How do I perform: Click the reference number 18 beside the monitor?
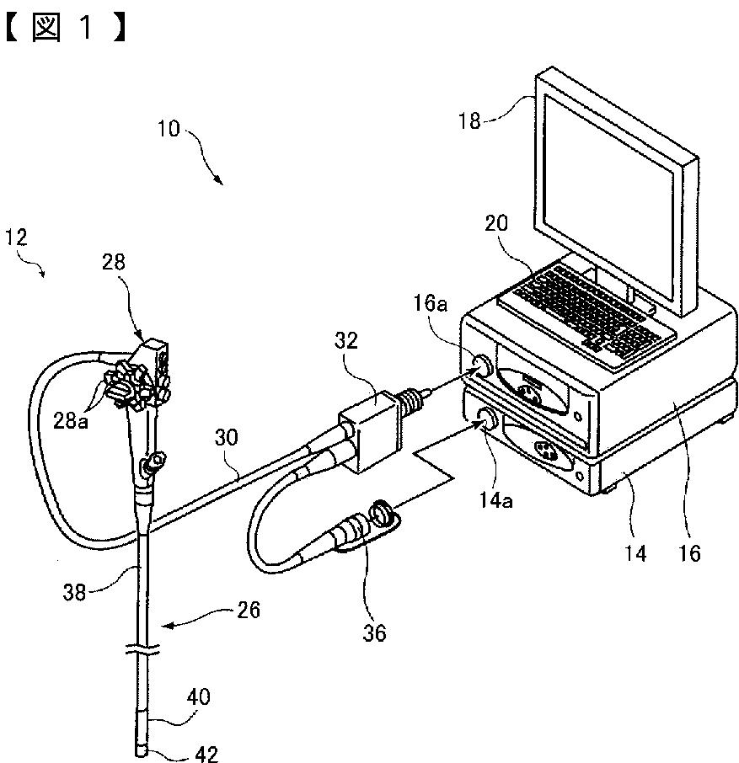pyautogui.click(x=469, y=120)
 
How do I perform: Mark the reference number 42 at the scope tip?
pyautogui.click(x=206, y=754)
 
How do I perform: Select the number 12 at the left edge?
pyautogui.click(x=15, y=237)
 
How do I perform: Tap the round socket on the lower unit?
pyautogui.click(x=487, y=418)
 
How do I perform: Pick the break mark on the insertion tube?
pyautogui.click(x=142, y=651)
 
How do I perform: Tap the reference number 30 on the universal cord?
pyautogui.click(x=225, y=439)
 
